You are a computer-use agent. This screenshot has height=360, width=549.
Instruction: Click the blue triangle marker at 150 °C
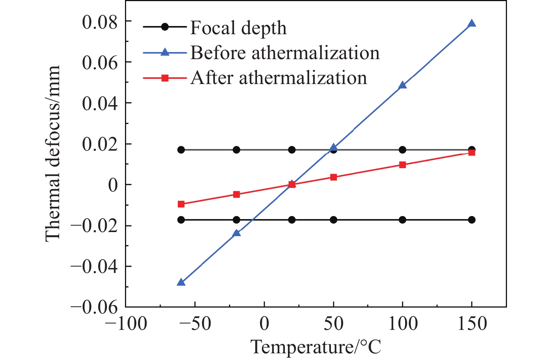click(472, 24)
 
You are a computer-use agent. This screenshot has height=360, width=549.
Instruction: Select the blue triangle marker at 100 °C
click(402, 86)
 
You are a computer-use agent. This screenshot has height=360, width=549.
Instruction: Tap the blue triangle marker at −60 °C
click(181, 282)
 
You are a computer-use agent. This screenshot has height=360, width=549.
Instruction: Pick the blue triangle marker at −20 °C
click(237, 233)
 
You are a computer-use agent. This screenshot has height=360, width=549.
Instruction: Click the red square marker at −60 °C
click(181, 204)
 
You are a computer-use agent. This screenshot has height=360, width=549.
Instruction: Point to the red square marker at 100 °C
click(402, 165)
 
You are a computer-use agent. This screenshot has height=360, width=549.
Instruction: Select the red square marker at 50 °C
click(334, 177)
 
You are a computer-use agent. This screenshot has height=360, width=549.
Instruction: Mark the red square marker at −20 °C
click(237, 194)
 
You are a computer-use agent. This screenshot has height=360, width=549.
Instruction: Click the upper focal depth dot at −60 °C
click(181, 150)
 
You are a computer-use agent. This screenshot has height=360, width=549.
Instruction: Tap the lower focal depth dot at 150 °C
click(472, 220)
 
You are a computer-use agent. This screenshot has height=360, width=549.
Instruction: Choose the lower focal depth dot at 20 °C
click(292, 220)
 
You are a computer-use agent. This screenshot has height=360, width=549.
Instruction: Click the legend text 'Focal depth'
click(238, 28)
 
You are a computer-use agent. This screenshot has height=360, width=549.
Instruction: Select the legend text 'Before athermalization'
click(285, 53)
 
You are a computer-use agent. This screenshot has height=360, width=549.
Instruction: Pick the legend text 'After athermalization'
click(279, 78)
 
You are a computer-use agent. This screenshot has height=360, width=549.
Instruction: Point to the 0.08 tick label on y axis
click(100, 22)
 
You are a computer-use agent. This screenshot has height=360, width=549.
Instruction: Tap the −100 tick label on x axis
click(126, 324)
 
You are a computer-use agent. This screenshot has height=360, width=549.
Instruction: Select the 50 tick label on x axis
click(334, 324)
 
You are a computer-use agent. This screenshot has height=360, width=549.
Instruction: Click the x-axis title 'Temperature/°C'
click(316, 347)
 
